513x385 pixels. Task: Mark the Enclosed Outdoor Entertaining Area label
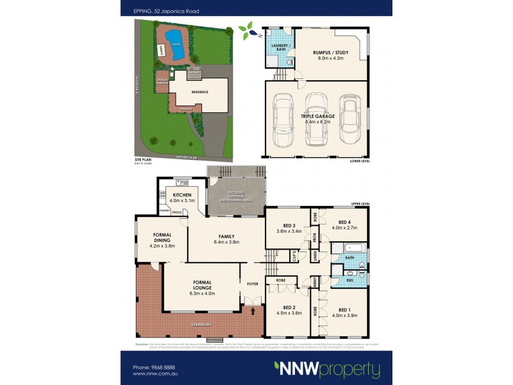(234, 196)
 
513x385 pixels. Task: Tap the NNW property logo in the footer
(327, 369)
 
